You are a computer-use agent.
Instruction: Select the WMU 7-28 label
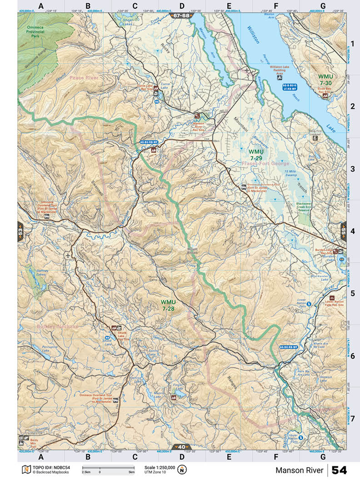(x=168, y=305)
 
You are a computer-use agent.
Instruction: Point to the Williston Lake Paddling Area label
(x=282, y=69)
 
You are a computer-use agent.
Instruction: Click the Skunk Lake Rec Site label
(x=112, y=337)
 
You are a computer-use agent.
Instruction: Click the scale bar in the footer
(x=108, y=467)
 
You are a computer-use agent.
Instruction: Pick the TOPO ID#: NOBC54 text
(x=49, y=467)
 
